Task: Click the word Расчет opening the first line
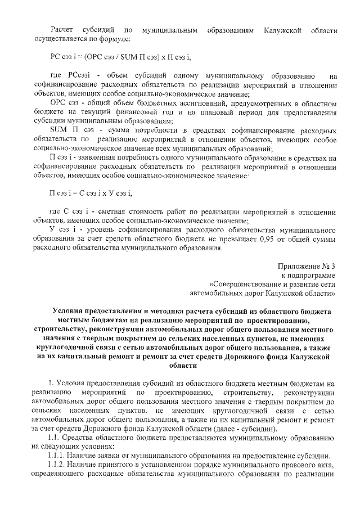62,29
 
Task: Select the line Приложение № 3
306,265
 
